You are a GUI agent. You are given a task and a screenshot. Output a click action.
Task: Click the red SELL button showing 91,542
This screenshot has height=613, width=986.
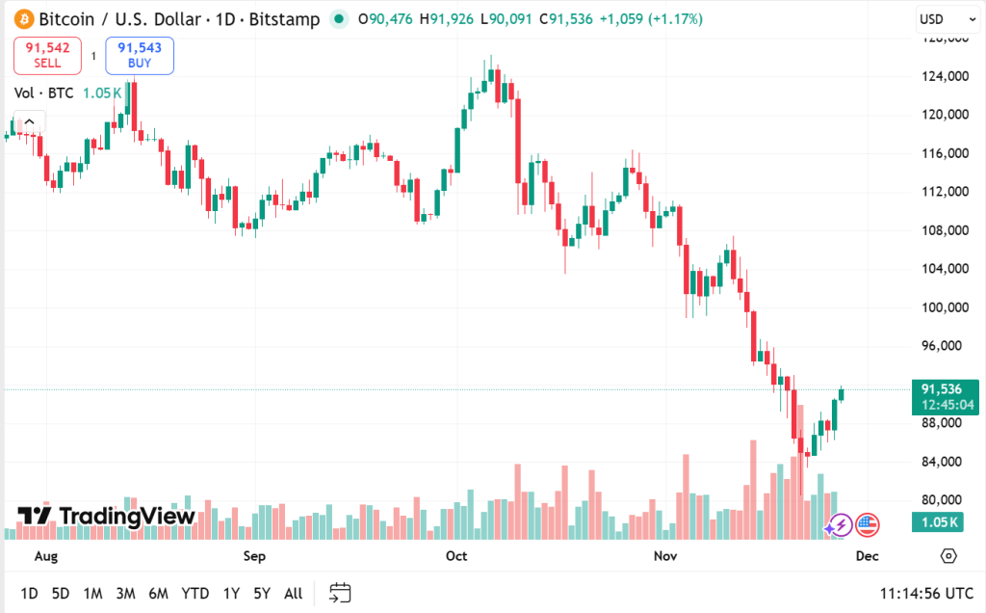pos(47,55)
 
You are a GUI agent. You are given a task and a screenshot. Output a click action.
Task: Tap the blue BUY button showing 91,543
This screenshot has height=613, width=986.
pos(140,55)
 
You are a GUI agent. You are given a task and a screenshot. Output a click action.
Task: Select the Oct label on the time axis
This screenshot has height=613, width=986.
pos(456,556)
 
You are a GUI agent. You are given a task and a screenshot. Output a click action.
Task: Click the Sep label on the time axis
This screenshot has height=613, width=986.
pos(254,556)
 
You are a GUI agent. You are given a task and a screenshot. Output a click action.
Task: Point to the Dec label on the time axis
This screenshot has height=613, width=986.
pos(867,556)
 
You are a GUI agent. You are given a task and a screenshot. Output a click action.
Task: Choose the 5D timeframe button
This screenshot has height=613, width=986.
pos(61,593)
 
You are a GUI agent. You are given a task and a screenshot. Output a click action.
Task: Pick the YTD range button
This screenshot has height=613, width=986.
pos(195,593)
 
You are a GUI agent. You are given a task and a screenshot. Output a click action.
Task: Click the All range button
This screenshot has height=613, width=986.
pos(293,593)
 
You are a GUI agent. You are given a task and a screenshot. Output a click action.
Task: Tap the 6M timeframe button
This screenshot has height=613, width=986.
pos(158,593)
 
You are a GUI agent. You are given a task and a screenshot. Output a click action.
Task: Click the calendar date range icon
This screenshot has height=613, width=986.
pos(339,593)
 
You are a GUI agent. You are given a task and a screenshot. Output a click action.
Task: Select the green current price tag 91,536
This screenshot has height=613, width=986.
pos(945,396)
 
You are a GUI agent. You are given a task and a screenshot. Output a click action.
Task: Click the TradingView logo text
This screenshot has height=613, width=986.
pos(107,516)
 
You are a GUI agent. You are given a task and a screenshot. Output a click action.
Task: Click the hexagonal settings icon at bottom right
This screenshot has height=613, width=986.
pos(948,556)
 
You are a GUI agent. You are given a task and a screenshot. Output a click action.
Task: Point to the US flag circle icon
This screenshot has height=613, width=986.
pos(867,525)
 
